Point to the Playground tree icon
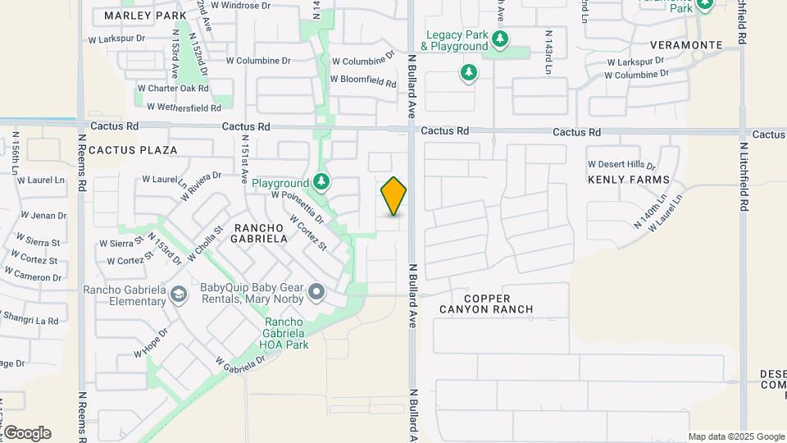[321, 181]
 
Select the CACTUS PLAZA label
[133, 150]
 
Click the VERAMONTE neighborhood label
[687, 45]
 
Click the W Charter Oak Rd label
[173, 88]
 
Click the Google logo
[26, 433]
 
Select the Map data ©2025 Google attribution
[736, 436]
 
